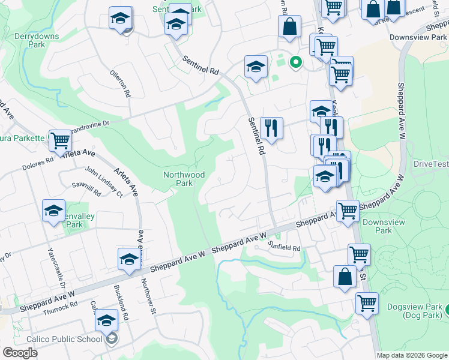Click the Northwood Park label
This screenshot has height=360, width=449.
tap(184, 179)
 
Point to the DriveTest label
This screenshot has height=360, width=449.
tap(431, 164)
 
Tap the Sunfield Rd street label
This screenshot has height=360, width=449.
tap(284, 246)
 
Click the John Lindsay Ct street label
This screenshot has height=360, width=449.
tap(103, 182)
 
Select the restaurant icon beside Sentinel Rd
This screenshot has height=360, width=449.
tap(271, 128)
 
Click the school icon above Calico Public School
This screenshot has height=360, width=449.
tap(106, 320)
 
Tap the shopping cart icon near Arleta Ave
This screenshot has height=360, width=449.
tap(60, 141)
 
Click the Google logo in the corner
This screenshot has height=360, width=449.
tap(20, 352)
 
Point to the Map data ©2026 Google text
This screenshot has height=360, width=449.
tap(411, 355)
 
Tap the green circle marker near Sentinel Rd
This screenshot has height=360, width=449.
tap(295, 61)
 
